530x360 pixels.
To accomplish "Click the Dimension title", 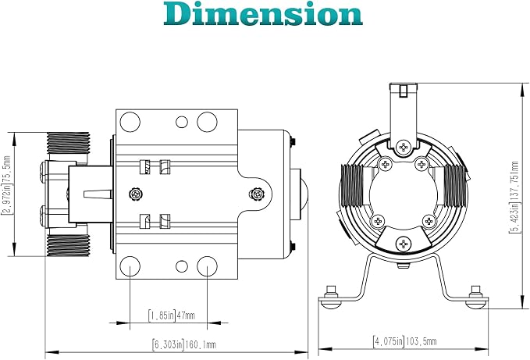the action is [x=263, y=13].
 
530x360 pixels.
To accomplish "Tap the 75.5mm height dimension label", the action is [x=7, y=185].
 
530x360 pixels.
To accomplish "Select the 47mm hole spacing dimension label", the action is [x=172, y=315].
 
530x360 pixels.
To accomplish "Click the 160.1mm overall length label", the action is [x=184, y=344].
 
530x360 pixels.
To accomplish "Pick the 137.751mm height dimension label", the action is [x=514, y=198].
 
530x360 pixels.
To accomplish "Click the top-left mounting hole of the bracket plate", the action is [x=130, y=122].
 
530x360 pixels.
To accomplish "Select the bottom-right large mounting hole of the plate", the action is [x=207, y=266].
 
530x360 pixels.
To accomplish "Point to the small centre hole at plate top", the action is [x=182, y=122].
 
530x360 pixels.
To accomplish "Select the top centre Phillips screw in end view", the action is [x=404, y=147].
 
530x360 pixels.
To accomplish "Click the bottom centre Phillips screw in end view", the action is [x=404, y=244].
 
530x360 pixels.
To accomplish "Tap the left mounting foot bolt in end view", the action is [x=331, y=297].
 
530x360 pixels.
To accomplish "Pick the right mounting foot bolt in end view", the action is [x=477, y=297].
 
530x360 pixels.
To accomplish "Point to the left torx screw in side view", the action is [x=136, y=194].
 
